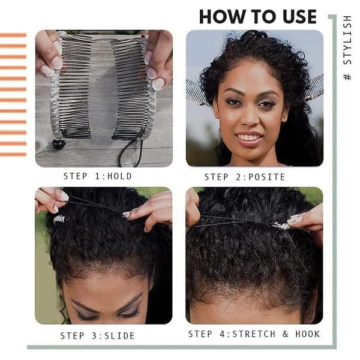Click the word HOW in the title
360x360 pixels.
pyautogui.click(x=222, y=17)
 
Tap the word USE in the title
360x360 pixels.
pyautogui.click(x=299, y=17)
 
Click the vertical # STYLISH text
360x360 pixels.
pyautogui.click(x=347, y=48)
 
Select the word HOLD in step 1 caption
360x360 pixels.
pyautogui.click(x=119, y=176)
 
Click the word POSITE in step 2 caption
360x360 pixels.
pyautogui.click(x=267, y=177)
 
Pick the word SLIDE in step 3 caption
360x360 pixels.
pyautogui.click(x=119, y=336)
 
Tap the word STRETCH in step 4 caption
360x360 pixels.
pyautogui.click(x=254, y=334)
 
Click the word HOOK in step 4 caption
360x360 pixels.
pyautogui.click(x=307, y=334)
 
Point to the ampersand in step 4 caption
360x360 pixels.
pyautogui.click(x=286, y=334)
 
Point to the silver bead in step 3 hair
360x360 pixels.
pyautogui.click(x=60, y=219)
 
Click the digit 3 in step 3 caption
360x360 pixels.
pyautogui.click(x=95, y=336)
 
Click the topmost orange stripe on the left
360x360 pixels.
pyautogui.click(x=13, y=35)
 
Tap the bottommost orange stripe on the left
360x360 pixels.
pyautogui.click(x=13, y=155)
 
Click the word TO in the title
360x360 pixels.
pyautogui.click(x=264, y=17)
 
